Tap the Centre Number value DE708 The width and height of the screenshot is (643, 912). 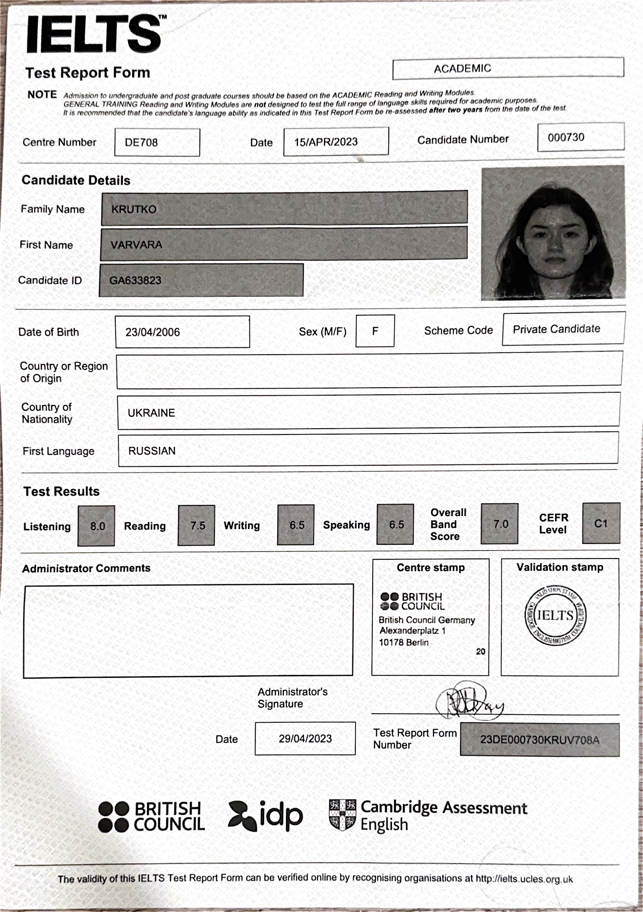[141, 142]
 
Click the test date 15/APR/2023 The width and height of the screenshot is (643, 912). [326, 142]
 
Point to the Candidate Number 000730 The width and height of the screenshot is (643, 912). [566, 137]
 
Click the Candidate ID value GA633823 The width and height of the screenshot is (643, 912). [135, 280]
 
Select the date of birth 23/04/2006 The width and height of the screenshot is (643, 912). [153, 332]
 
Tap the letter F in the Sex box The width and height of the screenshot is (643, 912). [375, 331]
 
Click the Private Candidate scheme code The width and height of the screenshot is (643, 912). [556, 329]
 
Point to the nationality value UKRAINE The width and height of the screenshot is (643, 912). [152, 413]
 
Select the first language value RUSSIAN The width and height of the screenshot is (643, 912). [152, 451]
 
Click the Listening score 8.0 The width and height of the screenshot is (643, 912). [97, 526]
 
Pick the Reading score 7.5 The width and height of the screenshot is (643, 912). [198, 525]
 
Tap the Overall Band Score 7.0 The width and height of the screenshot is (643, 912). [501, 524]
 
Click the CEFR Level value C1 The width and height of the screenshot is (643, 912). [601, 523]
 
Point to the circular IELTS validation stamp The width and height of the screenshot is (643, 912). [555, 616]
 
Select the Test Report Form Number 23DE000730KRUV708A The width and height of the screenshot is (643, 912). [540, 740]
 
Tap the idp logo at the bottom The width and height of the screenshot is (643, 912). [266, 816]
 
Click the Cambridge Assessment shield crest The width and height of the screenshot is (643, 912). [342, 815]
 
